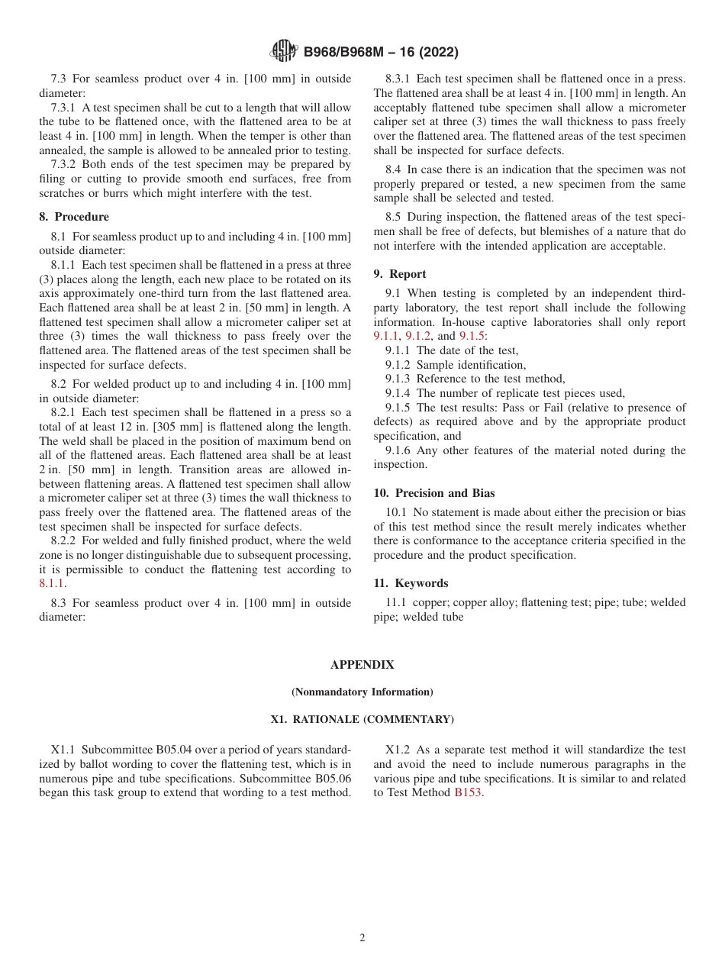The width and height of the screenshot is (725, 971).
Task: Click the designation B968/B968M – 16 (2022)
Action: pos(381,53)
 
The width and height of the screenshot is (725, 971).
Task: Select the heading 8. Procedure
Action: pos(74,217)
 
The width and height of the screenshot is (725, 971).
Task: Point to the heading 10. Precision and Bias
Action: pos(433,493)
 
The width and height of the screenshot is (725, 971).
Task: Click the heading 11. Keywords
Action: pos(411,583)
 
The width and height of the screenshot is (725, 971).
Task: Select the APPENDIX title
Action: pos(362,665)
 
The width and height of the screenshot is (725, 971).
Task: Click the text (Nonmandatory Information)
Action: pos(362,692)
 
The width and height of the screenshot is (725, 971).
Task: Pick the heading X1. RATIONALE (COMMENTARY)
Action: pos(362,720)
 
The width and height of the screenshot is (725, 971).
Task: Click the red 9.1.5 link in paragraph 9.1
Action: pos(471,336)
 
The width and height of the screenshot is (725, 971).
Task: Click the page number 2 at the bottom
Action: pos(362,938)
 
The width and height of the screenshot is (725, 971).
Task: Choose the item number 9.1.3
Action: pos(398,379)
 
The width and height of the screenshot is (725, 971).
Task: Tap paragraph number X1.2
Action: pos(400,750)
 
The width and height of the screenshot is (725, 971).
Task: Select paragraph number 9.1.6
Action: pos(398,450)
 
